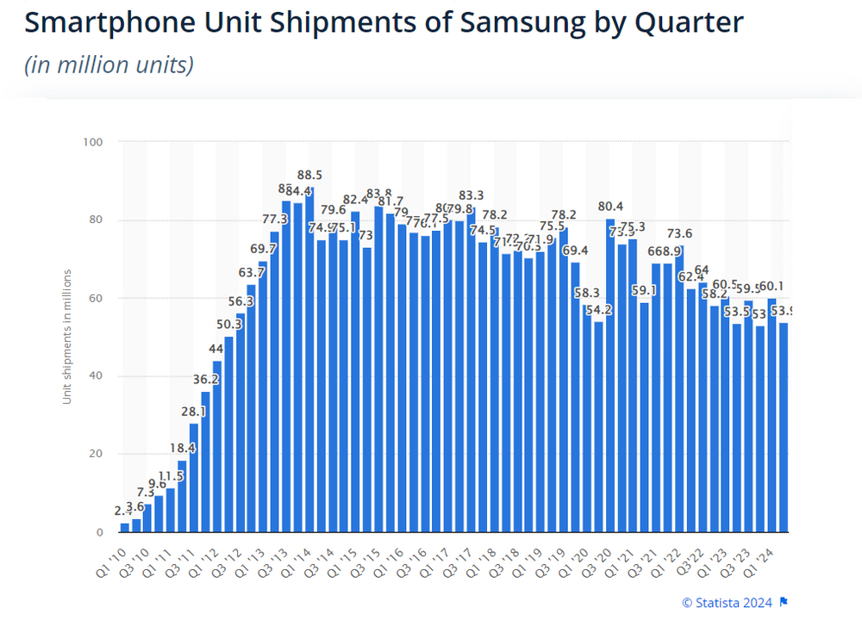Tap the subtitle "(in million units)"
109,65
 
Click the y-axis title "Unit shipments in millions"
66,336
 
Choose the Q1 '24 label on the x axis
768,558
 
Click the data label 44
216,349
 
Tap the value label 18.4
182,449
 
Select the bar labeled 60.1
772,414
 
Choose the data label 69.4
576,251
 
